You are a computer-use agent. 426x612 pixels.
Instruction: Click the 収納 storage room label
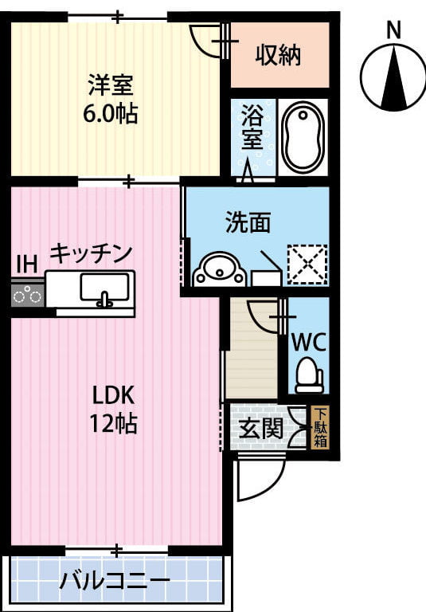(x=278, y=55)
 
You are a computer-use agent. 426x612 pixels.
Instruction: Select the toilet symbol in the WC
(x=309, y=375)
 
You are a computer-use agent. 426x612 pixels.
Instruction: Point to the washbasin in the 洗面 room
(x=220, y=269)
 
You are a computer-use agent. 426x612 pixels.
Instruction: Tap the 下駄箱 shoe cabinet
(x=321, y=427)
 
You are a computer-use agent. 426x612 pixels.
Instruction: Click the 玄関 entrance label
(x=260, y=428)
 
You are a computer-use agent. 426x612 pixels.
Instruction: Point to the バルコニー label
(x=115, y=581)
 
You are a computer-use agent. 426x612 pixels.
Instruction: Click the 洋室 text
(x=111, y=84)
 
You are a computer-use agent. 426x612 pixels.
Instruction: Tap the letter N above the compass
(x=393, y=30)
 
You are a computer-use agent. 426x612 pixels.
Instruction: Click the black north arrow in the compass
(x=394, y=77)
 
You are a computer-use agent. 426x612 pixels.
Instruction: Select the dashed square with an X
(x=307, y=265)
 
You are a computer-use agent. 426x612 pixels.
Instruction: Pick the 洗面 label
(x=248, y=222)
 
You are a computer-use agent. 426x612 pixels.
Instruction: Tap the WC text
(x=309, y=343)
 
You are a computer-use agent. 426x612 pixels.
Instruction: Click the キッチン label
(x=91, y=253)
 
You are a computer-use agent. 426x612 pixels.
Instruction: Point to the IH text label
(x=27, y=264)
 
